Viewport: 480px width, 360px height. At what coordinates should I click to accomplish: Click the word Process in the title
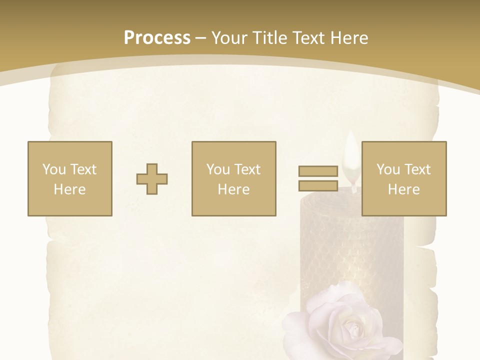157,38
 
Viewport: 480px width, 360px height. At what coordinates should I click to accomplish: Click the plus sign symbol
152,179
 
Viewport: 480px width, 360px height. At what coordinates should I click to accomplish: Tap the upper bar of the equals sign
318,171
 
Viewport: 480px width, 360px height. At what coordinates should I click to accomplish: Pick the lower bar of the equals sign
318,185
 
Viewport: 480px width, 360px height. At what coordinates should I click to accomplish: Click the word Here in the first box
70,189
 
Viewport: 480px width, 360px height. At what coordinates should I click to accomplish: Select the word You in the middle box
217,169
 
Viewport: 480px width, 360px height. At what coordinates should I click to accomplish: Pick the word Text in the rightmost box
417,169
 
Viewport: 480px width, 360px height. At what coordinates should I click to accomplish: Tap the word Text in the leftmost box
83,169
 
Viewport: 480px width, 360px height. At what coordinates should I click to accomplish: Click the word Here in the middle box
234,189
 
